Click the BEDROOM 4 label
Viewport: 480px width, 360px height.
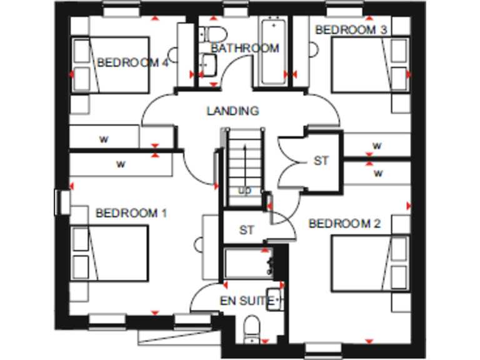point(133,63)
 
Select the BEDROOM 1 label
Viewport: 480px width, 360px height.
point(131,213)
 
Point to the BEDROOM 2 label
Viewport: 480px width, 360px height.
point(344,223)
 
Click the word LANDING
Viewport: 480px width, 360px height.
point(232,111)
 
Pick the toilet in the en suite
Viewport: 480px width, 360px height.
point(252,327)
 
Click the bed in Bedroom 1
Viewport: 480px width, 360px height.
point(109,253)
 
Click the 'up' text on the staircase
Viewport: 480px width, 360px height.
point(244,190)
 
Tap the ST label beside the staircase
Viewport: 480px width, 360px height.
point(321,161)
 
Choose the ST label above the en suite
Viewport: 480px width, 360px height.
point(247,230)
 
